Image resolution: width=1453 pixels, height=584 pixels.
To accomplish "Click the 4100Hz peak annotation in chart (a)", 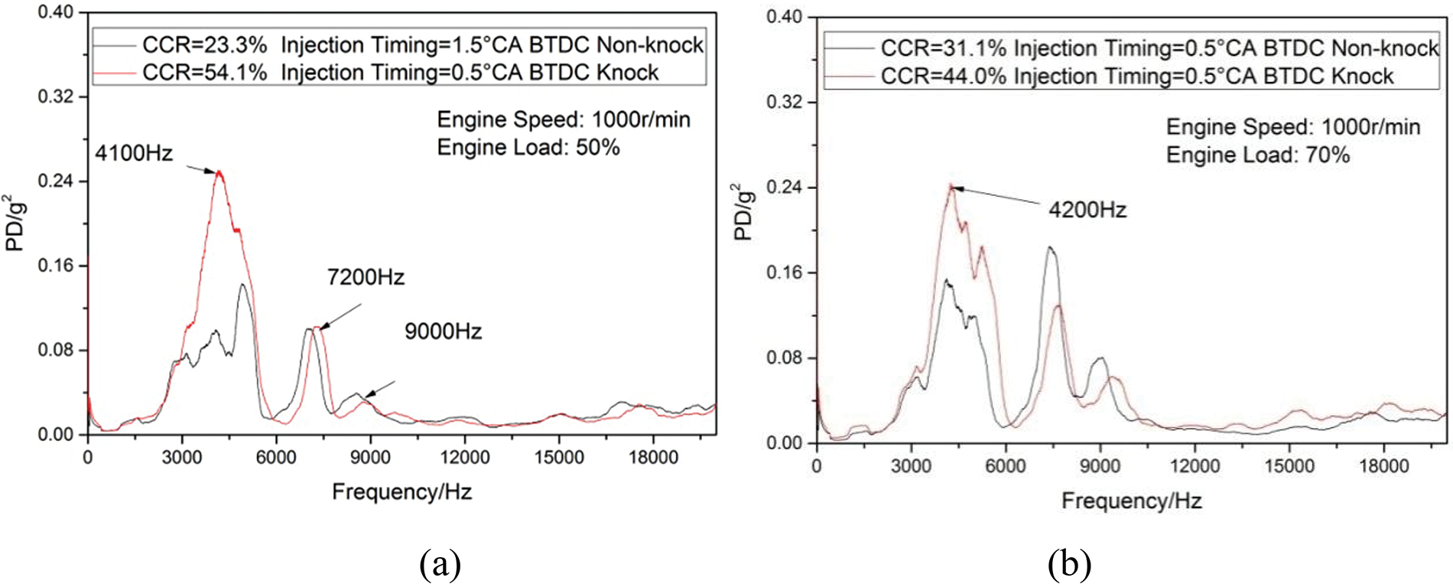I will pyautogui.click(x=134, y=153).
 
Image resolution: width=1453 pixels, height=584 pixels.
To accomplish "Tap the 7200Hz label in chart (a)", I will pyautogui.click(x=366, y=277).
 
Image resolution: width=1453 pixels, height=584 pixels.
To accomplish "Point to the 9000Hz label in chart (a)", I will pyautogui.click(x=443, y=331).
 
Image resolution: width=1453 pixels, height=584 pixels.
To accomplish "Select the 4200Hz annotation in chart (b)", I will pyautogui.click(x=1087, y=210).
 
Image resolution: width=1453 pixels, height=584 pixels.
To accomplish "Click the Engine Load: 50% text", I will pyautogui.click(x=528, y=147).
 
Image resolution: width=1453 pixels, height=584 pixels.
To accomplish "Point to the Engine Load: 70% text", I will pyautogui.click(x=1257, y=155).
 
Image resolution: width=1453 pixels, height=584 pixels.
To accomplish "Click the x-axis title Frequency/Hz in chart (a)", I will pyautogui.click(x=401, y=491).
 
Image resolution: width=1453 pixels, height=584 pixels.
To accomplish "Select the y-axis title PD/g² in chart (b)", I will pyautogui.click(x=743, y=212).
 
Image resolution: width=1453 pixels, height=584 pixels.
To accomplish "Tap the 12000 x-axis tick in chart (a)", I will pyautogui.click(x=464, y=458).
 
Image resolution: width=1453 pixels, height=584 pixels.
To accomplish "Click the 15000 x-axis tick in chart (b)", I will pyautogui.click(x=1289, y=466).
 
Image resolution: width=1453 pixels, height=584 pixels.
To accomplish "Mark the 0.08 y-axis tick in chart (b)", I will pyautogui.click(x=785, y=358).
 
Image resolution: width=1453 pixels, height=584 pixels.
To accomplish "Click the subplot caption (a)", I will pyautogui.click(x=440, y=565).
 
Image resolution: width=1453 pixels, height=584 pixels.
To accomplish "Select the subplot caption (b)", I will pyautogui.click(x=1069, y=565).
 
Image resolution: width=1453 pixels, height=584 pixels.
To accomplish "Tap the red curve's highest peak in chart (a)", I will pyautogui.click(x=219, y=171).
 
